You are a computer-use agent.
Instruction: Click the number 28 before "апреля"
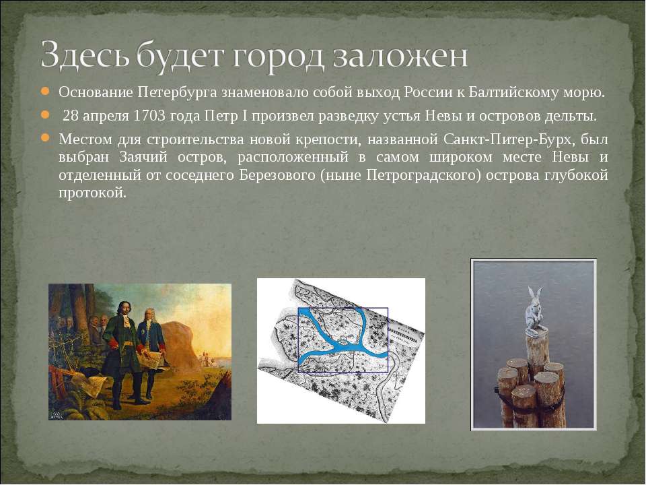tap(70, 116)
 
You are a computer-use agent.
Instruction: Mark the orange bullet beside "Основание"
tap(45, 91)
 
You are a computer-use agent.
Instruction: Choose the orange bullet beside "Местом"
tap(45, 137)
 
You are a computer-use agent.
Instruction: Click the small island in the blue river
tap(343, 341)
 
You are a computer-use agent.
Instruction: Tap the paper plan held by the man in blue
tap(149, 359)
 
